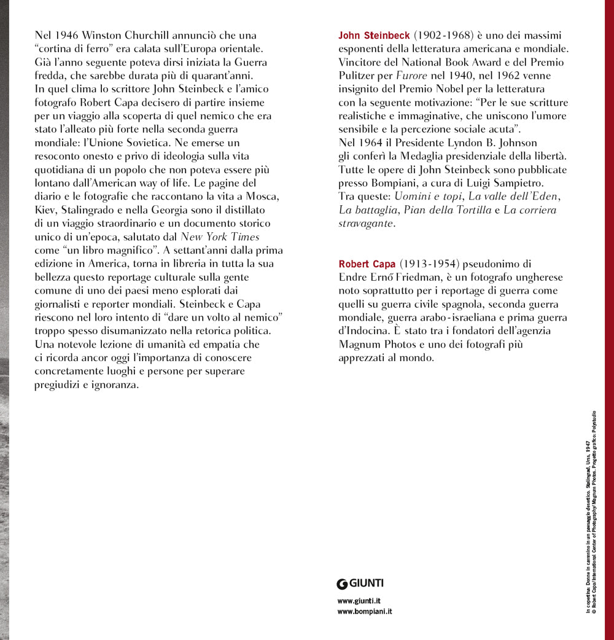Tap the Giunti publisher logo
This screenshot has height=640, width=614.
tap(360, 583)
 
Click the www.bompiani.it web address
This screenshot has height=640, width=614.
tap(365, 612)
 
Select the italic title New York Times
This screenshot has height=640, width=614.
tap(220, 237)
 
